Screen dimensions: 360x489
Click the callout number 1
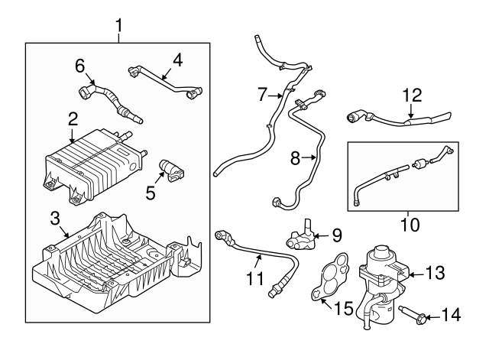[118, 28]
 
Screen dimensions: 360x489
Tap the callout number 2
[73, 118]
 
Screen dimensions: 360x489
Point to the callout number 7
[261, 96]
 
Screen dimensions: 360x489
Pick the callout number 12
[412, 96]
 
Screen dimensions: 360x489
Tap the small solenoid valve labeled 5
[170, 169]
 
